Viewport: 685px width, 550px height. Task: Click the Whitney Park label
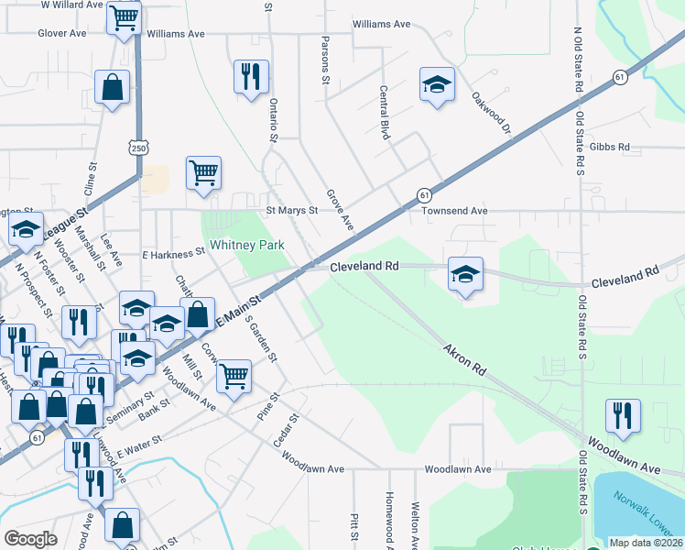click(x=247, y=245)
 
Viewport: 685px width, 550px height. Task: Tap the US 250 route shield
click(x=138, y=148)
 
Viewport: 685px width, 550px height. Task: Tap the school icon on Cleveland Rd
click(x=465, y=274)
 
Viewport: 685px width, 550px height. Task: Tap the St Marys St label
click(x=291, y=210)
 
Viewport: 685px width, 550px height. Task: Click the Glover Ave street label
click(x=61, y=33)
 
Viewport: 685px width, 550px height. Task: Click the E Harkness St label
click(x=172, y=252)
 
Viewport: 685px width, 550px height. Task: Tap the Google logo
click(x=30, y=539)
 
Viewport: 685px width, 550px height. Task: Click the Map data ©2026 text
click(x=646, y=543)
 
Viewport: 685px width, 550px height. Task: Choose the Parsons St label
click(x=325, y=60)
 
